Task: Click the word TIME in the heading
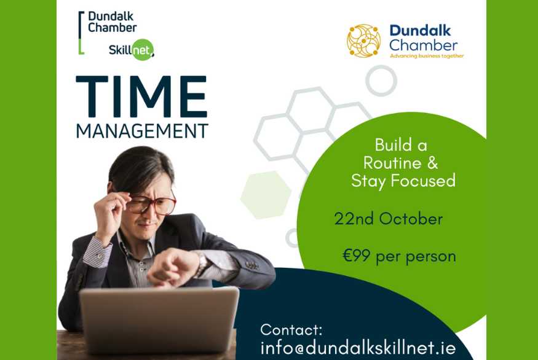click(x=141, y=96)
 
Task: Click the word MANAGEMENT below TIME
click(x=141, y=131)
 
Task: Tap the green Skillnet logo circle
click(x=143, y=50)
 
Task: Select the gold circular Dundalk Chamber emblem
click(x=364, y=41)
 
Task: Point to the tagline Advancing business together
click(x=427, y=56)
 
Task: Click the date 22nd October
click(x=389, y=219)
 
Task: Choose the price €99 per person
click(x=399, y=256)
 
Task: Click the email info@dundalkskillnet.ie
click(x=358, y=348)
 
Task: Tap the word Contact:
click(x=291, y=330)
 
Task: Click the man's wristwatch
click(x=202, y=263)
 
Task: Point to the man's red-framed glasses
click(x=152, y=204)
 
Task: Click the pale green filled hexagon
click(x=266, y=195)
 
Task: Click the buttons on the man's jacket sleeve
click(x=252, y=265)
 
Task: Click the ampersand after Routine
click(x=433, y=163)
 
